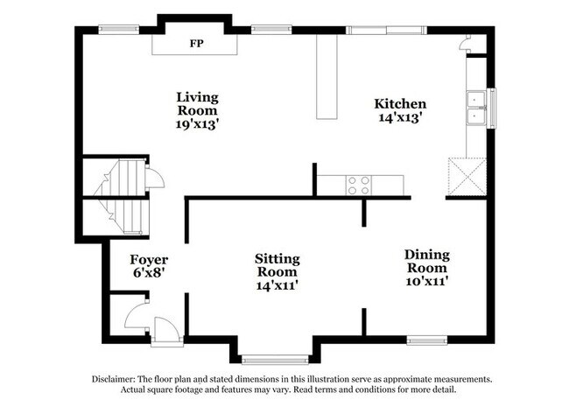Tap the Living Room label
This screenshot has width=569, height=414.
(x=197, y=104)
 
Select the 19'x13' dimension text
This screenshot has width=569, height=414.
(x=197, y=124)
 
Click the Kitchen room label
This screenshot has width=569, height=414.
(x=400, y=103)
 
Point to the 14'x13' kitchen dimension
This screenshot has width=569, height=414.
(x=400, y=117)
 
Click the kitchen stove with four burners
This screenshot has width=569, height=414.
(x=359, y=185)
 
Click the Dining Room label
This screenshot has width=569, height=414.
(x=426, y=262)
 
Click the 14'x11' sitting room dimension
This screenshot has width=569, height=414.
(x=277, y=285)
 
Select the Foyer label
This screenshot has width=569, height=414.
(x=149, y=260)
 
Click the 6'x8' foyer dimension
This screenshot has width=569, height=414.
(x=149, y=274)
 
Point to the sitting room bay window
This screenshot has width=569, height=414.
(x=275, y=358)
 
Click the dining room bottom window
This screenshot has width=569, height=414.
(x=427, y=340)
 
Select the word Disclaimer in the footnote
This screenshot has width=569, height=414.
(x=117, y=379)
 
